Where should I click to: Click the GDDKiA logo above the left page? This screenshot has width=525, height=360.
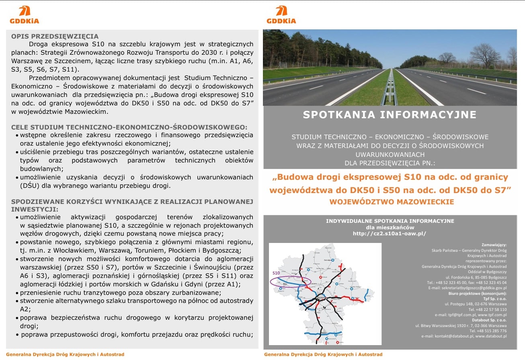click(x=25, y=15)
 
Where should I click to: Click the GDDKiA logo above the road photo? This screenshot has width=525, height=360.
click(x=281, y=15)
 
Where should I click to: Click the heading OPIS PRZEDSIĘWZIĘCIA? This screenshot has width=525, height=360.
click(x=55, y=36)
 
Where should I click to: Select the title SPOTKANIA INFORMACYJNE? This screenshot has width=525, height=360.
click(x=390, y=115)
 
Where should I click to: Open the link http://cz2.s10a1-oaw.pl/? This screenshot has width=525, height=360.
click(x=389, y=233)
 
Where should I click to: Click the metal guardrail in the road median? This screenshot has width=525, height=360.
click(x=389, y=88)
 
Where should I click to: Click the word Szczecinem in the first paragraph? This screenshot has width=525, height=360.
click(x=63, y=60)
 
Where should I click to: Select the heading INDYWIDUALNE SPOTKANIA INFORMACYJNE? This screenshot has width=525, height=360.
click(x=390, y=221)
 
